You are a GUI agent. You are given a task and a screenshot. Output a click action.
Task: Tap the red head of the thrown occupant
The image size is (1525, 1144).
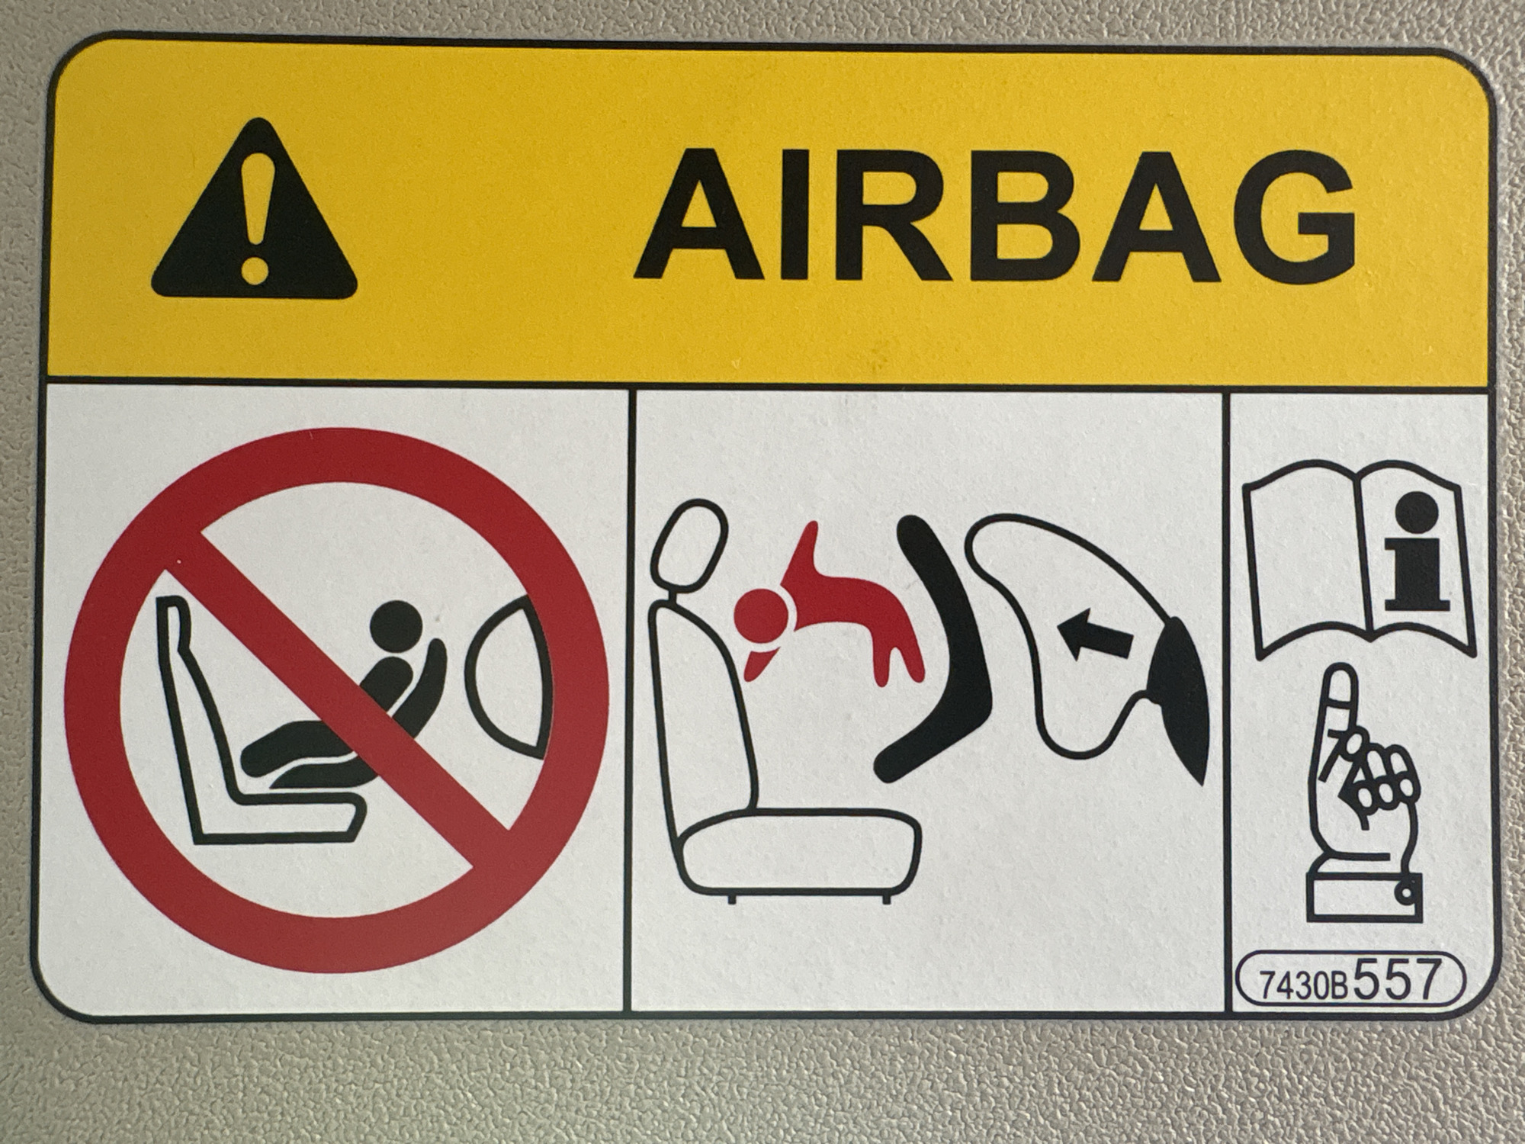(762, 615)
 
